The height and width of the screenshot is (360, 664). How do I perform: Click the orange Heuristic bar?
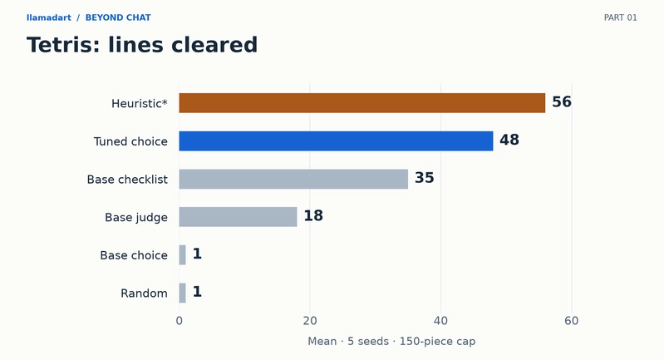[x=362, y=103]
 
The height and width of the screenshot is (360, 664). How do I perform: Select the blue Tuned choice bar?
[x=336, y=141]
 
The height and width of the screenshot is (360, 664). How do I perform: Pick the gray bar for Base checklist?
[x=293, y=179]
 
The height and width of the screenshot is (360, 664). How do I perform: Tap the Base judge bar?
[x=238, y=217]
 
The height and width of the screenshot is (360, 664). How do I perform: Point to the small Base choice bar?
[x=183, y=255]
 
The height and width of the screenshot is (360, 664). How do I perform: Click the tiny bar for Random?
[x=183, y=293]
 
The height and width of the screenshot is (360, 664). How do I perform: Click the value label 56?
[x=562, y=102]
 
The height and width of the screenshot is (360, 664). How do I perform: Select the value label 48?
[x=509, y=140]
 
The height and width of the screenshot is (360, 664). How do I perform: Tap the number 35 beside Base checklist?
[x=425, y=178]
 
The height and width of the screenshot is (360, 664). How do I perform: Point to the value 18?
[x=313, y=215]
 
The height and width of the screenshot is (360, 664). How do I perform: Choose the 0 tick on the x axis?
[x=180, y=321]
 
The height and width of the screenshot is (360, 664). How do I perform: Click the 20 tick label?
[x=310, y=321]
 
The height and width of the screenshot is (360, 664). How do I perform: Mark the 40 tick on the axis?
[x=440, y=321]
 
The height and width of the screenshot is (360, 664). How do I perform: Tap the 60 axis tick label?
[x=572, y=321]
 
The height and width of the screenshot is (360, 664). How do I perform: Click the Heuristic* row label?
[x=140, y=103]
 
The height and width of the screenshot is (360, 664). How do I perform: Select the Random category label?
[x=144, y=293]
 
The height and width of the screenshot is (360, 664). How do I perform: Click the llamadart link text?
[x=49, y=17]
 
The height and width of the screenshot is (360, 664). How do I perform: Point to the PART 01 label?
[x=621, y=17]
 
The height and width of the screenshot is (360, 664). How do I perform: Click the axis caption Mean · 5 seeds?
[x=348, y=342]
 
